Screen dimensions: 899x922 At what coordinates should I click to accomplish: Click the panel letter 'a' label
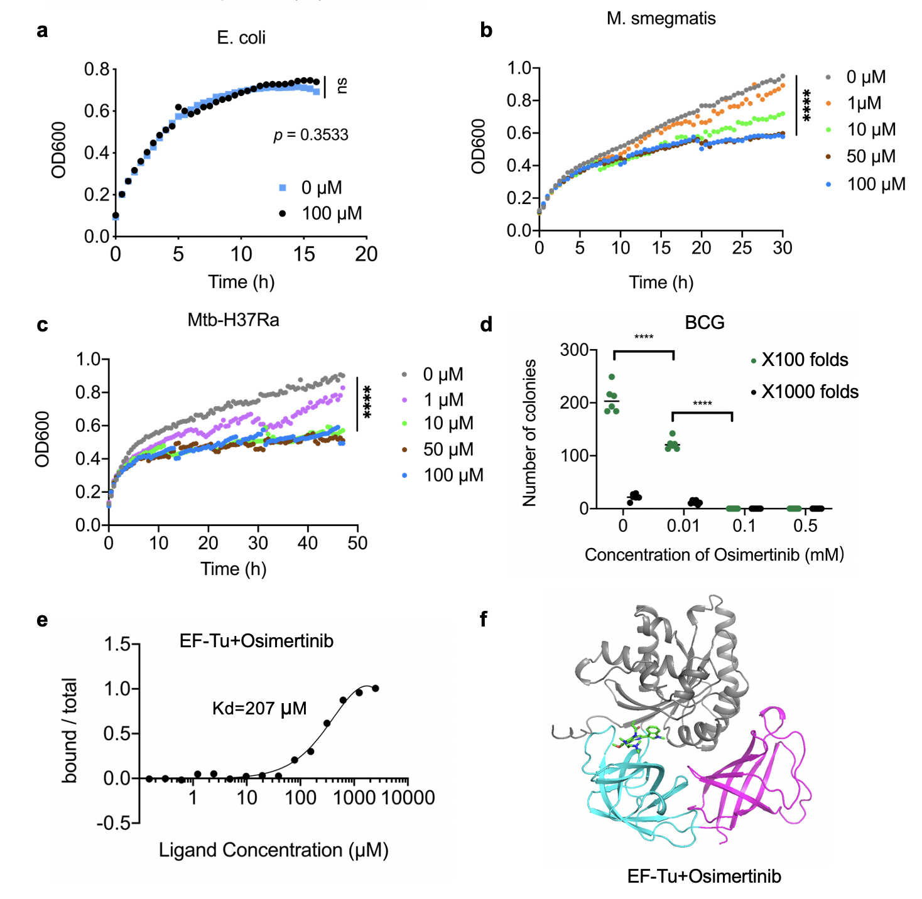(x=42, y=31)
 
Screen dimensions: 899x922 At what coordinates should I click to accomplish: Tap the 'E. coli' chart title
(x=241, y=38)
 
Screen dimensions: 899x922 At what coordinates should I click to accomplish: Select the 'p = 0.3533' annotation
(x=311, y=135)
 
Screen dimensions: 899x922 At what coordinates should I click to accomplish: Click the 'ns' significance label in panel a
(x=342, y=85)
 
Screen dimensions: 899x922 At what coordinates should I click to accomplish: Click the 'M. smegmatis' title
(x=661, y=18)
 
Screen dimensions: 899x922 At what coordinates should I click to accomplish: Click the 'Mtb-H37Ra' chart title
(x=233, y=320)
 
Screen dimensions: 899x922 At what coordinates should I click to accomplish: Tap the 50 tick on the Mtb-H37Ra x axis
(x=357, y=543)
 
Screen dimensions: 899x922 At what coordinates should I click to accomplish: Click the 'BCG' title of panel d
(x=704, y=323)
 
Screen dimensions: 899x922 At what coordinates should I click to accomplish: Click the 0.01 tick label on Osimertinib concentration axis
(x=683, y=525)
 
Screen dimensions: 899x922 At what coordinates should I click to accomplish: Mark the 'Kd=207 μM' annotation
(x=259, y=709)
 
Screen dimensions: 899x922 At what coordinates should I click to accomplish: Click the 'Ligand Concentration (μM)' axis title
(x=273, y=851)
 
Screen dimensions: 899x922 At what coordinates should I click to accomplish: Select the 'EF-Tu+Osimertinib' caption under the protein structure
(x=704, y=876)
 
